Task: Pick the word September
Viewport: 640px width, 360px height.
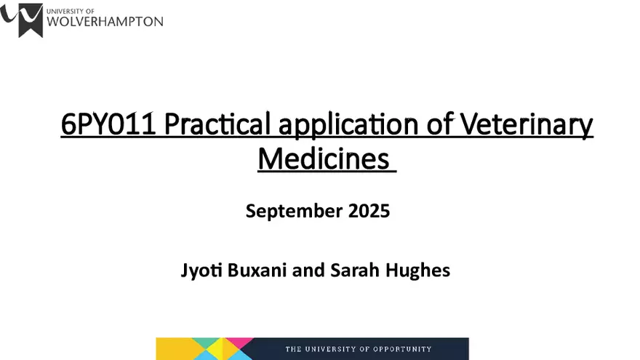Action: click(x=285, y=212)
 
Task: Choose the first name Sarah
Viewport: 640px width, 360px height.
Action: click(x=353, y=271)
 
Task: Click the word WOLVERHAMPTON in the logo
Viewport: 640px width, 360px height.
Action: click(x=105, y=21)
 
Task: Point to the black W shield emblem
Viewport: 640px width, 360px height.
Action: click(x=30, y=19)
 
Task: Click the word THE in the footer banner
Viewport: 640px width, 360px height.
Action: click(x=294, y=349)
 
